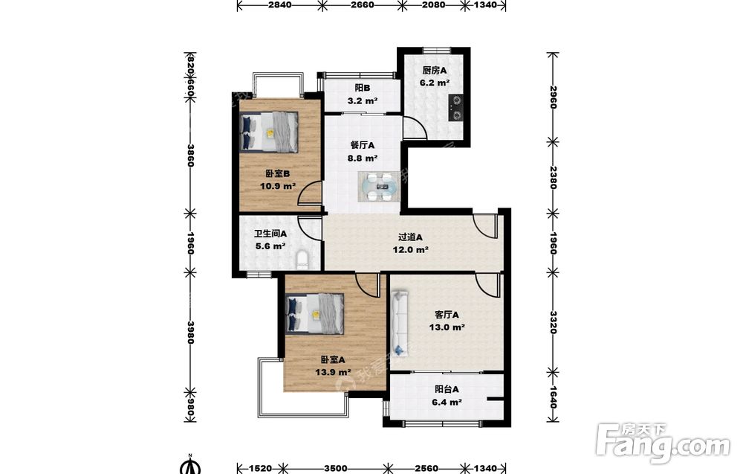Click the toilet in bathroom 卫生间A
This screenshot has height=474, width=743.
pos(302,260)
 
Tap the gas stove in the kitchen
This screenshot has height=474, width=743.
pos(456,108)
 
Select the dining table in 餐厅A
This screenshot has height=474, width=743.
pos(380,186)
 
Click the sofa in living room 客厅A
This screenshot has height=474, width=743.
pos(400,324)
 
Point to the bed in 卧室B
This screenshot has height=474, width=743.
pos(269,132)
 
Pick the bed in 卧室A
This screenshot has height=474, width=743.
pos(315,313)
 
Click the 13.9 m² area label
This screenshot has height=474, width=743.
pos(333,373)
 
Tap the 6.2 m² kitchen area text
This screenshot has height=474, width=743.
pos(435,83)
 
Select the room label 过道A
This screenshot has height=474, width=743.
pos(410,237)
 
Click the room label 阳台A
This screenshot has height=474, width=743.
pos(447,390)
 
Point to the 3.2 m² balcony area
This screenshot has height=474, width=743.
pos(363,100)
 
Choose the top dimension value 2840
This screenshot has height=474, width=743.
pos(279,4)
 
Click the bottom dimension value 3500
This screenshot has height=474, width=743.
pos(336,468)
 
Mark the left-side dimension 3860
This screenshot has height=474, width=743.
pos(190,156)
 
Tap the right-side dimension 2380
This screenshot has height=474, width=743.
pos(553,177)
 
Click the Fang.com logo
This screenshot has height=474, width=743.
pos(663,442)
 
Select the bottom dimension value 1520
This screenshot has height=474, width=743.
pos(261,468)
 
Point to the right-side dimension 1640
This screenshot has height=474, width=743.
pos(553,396)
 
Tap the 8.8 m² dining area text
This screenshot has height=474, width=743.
pos(363,158)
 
